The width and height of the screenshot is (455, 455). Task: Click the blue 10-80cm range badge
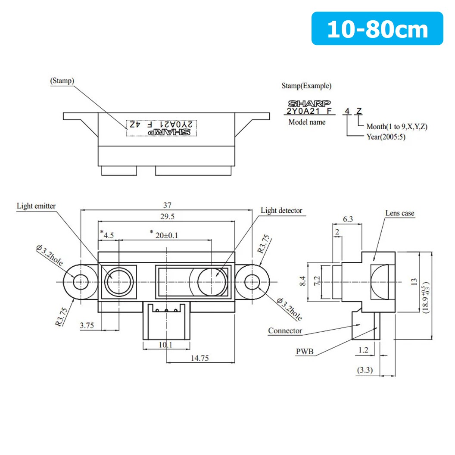tap(377, 29)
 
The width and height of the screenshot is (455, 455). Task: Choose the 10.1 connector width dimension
tap(166, 344)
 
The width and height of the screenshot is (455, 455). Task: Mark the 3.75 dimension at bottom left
tap(87, 326)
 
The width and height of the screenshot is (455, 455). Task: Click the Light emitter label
tap(36, 206)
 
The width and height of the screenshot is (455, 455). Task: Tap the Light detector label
tap(281, 211)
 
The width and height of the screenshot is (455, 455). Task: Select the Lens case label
tap(399, 213)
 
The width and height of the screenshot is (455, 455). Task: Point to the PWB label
tap(305, 352)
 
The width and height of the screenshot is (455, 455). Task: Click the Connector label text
tap(285, 331)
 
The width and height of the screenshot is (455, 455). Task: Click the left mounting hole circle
tap(79, 282)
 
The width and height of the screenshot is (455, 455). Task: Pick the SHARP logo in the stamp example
tap(309, 103)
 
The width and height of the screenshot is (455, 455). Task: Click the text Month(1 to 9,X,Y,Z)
tap(396, 127)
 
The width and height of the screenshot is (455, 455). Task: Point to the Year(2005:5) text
tap(385, 137)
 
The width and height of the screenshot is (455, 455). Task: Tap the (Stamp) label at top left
tap(62, 81)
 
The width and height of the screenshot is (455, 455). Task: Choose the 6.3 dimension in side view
tap(348, 219)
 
